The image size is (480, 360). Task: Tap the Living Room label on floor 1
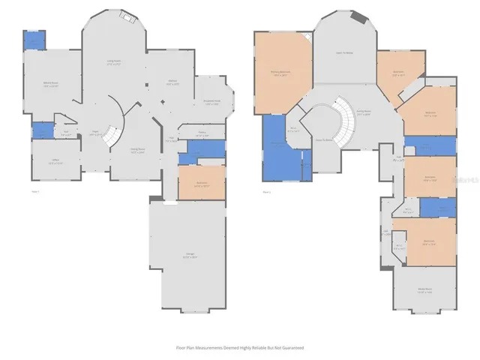tap(115, 64)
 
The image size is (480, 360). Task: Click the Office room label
tap(51, 163)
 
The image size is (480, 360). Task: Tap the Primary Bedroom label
tap(281, 73)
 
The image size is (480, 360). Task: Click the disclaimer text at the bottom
tap(239, 348)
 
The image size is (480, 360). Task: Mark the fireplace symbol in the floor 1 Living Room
tap(127, 17)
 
